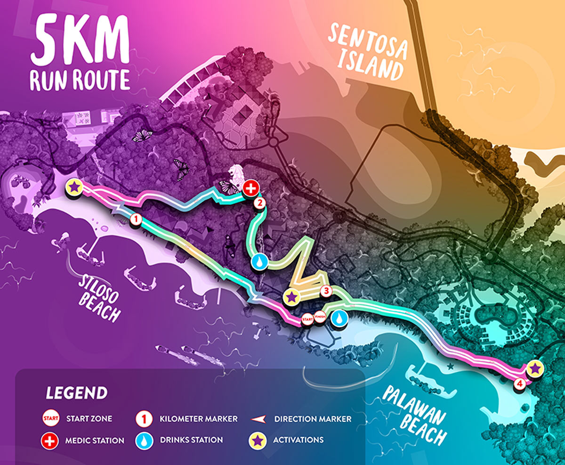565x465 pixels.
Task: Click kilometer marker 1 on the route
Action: [x=135, y=219]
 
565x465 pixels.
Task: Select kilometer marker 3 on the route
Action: [x=325, y=291]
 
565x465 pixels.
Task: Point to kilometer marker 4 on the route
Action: [x=519, y=384]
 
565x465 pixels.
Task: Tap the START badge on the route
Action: [x=307, y=319]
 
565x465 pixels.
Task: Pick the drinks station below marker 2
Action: [x=259, y=262]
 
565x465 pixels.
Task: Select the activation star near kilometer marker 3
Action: [x=292, y=297]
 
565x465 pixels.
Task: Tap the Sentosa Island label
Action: [x=367, y=52]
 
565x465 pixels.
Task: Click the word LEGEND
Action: [x=77, y=393]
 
